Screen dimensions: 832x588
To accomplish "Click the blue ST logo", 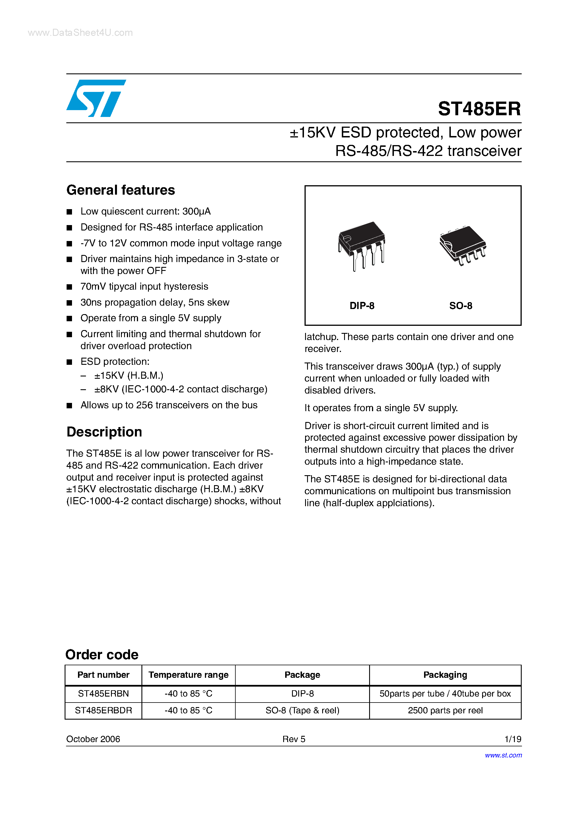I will (96, 98).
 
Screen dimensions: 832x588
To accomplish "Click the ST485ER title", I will (479, 109).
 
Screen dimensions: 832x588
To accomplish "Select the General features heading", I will (120, 190).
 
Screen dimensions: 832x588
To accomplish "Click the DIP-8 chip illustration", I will (361, 245).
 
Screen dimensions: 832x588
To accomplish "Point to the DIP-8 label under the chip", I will (361, 306).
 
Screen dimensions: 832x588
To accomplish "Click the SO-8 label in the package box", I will (460, 306).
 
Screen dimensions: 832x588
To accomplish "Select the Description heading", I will (104, 432).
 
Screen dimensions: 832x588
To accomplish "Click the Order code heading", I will (102, 654).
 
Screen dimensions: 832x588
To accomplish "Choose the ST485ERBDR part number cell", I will (103, 710).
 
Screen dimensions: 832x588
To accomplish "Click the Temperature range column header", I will (188, 675).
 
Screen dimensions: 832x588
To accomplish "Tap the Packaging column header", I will (445, 675).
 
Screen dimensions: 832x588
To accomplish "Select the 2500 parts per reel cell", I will (445, 710).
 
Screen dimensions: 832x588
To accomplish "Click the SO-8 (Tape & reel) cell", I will (302, 710).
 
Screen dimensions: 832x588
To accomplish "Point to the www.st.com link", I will (503, 755).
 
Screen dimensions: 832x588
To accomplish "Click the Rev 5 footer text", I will (294, 739).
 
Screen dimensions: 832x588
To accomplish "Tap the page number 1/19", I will (513, 739).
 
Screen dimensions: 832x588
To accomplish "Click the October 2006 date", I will (93, 739).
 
